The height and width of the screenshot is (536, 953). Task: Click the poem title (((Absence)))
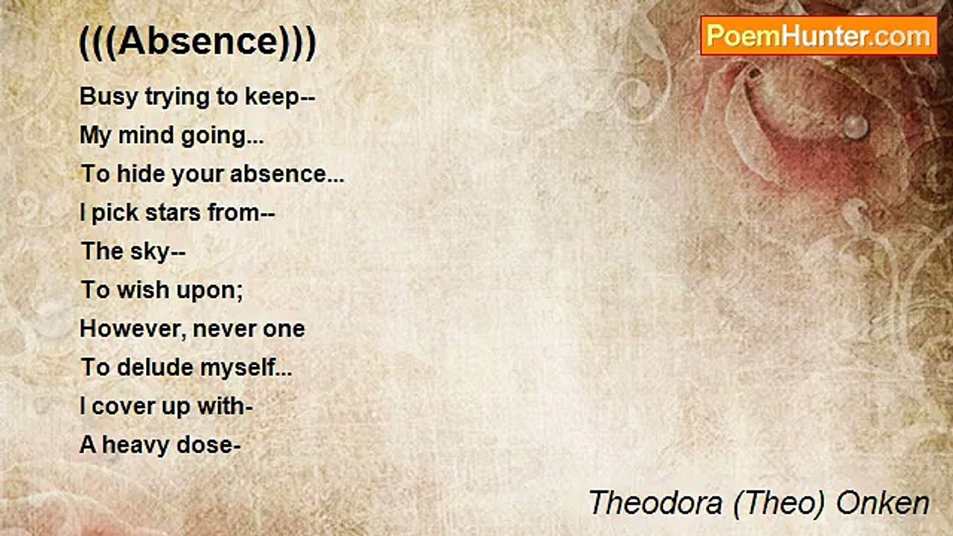point(197,42)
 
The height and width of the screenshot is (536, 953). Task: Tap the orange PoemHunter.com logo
point(818,36)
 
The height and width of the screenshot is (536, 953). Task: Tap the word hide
point(141,174)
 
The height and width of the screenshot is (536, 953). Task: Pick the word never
point(224,329)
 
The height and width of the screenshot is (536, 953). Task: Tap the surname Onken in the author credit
point(883,503)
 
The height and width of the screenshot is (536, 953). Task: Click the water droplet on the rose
point(856,127)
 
